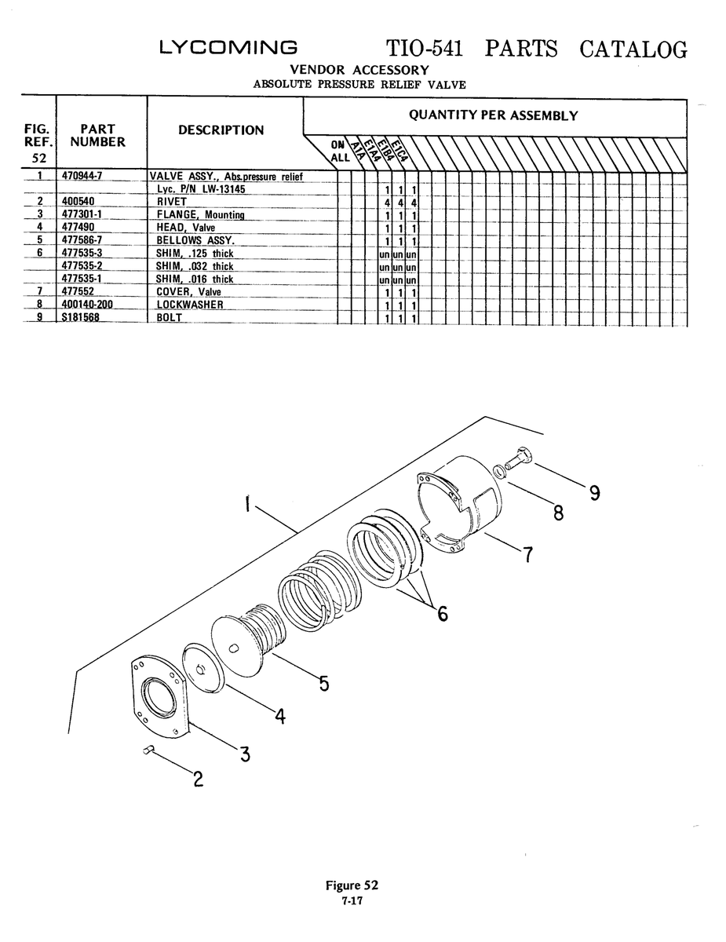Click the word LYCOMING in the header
(228, 48)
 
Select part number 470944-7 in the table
(82, 176)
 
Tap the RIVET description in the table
(172, 202)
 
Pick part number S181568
(81, 317)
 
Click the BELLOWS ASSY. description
(195, 240)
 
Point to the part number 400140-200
(87, 305)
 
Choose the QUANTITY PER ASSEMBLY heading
(493, 115)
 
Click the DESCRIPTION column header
(221, 130)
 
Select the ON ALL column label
(340, 152)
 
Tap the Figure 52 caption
(352, 885)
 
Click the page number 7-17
(352, 901)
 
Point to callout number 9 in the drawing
(595, 492)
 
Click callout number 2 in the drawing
(198, 780)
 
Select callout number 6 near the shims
(442, 613)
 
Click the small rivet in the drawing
(149, 750)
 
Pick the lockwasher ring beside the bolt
(500, 471)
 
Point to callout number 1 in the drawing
(247, 504)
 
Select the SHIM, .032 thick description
(195, 266)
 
